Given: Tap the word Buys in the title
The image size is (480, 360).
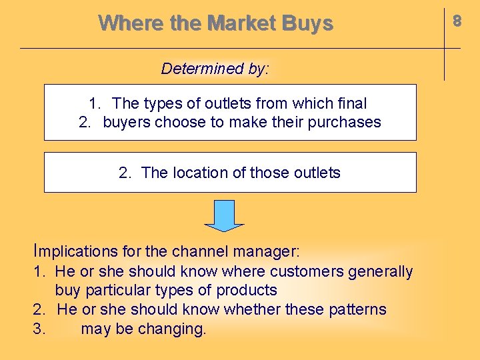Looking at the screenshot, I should coord(307,24).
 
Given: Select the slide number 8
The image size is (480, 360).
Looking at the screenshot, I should coord(457,21).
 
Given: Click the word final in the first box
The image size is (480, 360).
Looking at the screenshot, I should coord(353,103).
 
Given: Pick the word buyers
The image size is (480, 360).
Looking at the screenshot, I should coord(127,123).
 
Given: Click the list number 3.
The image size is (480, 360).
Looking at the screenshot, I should coord(39,329).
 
